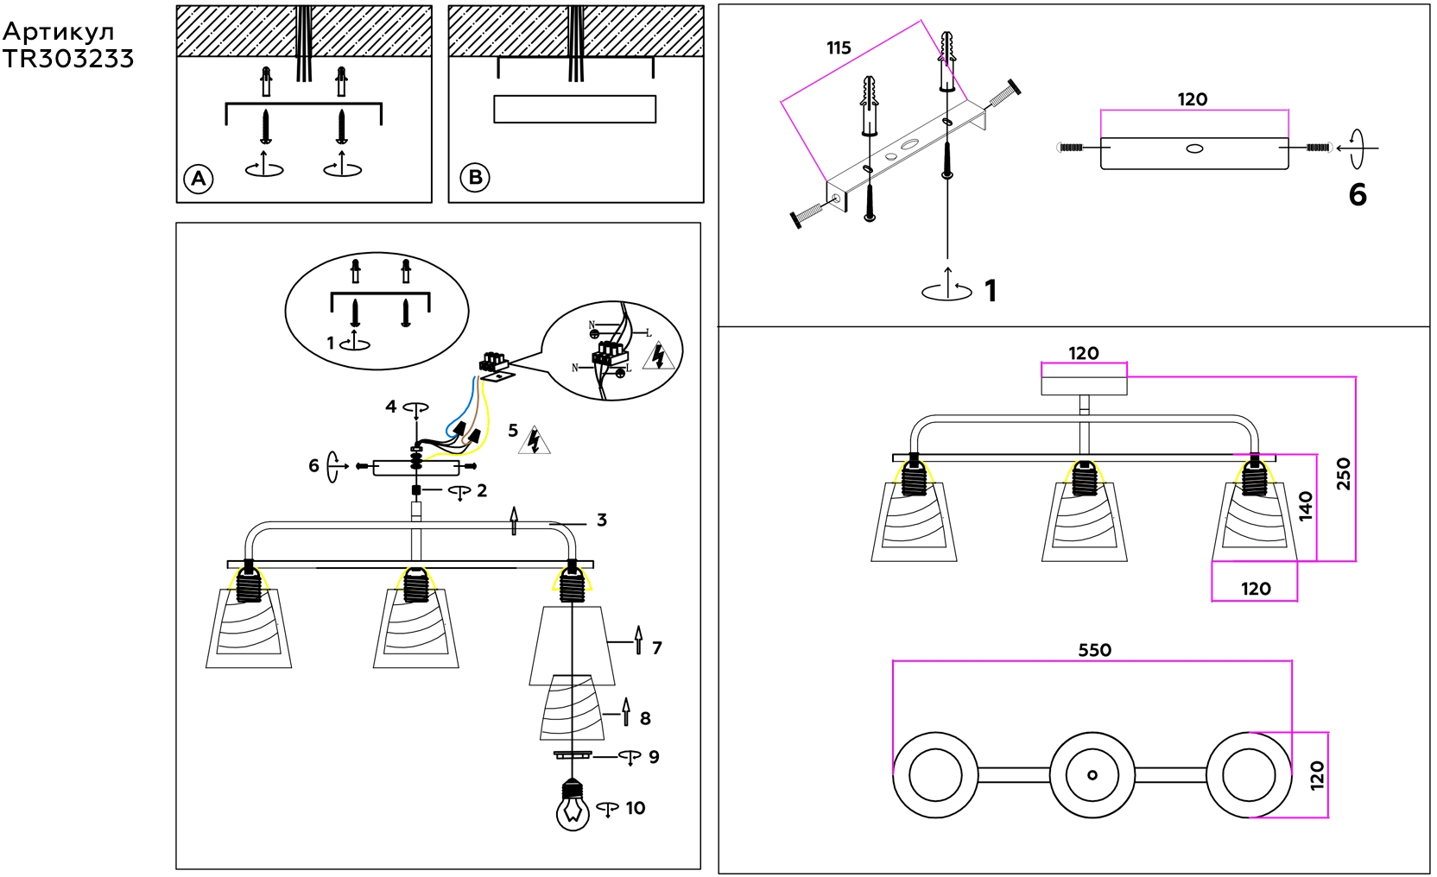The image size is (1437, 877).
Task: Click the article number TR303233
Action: point(68,59)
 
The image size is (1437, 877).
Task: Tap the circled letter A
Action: point(199,179)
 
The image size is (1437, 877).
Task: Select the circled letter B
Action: point(475,177)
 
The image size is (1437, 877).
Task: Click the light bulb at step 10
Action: point(573,807)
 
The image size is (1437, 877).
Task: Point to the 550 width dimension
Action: point(1094,650)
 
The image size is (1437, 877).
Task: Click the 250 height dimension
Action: point(1344,474)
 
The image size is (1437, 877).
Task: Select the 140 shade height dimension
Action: point(1305,505)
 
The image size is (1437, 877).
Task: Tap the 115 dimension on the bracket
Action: point(839,48)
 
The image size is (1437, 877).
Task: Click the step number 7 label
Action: point(657,647)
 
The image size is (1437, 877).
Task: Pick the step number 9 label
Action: point(654,757)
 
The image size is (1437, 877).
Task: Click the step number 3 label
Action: point(602,520)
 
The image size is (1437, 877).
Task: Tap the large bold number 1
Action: point(991,291)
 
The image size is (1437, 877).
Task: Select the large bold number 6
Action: point(1358,195)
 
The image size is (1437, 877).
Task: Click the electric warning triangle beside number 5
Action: point(535,440)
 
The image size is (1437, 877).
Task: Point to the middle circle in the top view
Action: point(1092,774)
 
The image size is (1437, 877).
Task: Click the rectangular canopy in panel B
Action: point(574,109)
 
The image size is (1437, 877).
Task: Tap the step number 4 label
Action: point(391,406)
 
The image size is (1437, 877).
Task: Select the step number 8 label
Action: point(645,718)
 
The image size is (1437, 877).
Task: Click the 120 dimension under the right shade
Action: point(1256,589)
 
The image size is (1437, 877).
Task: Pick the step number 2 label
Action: point(482,490)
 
